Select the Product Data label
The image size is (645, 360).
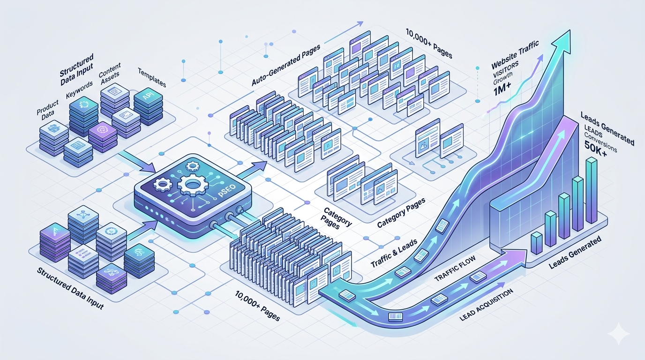(47, 109)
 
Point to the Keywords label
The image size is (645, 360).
(79, 89)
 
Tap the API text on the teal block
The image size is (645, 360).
(148, 97)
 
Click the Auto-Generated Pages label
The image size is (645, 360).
(285, 65)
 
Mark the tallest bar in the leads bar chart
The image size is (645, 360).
(592, 193)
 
